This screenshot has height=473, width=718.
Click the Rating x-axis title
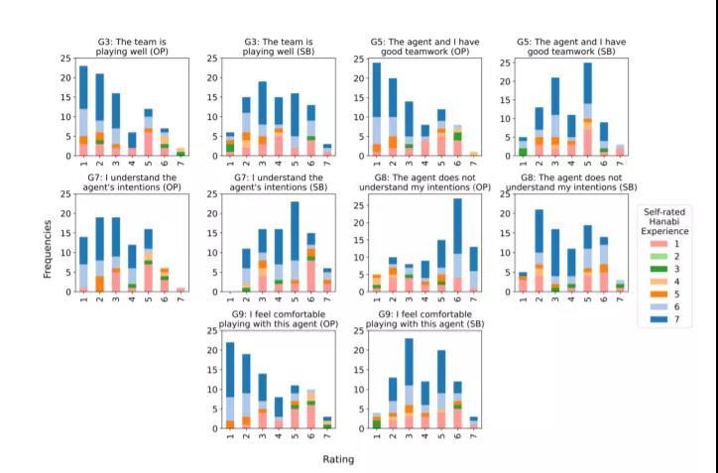point(337,459)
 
